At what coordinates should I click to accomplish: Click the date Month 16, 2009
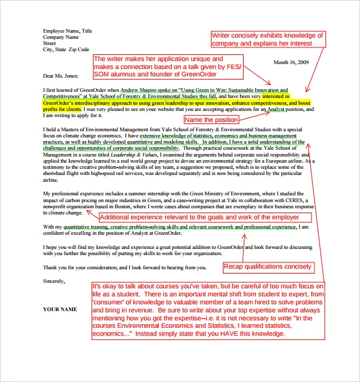291,62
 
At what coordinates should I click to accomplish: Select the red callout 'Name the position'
211,120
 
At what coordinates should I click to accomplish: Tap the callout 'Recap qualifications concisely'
268,267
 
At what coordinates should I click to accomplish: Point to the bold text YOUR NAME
60,308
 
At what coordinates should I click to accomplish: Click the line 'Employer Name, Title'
67,31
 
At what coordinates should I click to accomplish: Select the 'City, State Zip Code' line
66,49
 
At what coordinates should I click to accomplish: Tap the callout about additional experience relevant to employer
199,217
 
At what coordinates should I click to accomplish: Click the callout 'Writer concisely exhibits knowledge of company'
268,39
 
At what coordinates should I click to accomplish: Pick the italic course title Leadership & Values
127,149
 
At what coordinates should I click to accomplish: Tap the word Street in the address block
49,43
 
